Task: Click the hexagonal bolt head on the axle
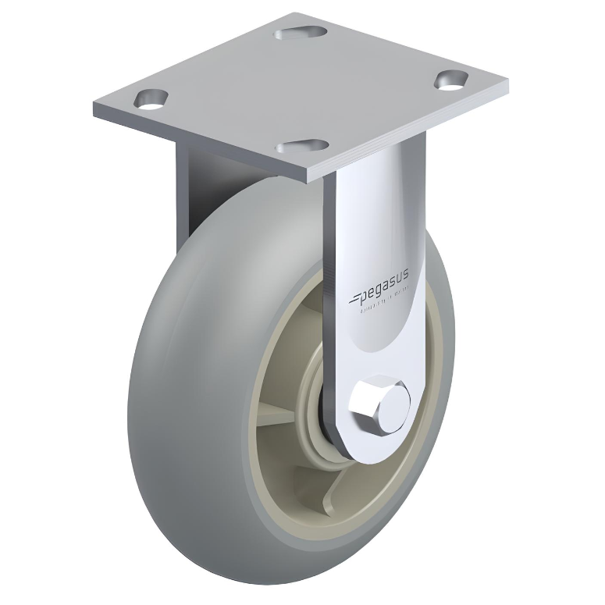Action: pos(379,403)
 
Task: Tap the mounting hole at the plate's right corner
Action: pos(451,80)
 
